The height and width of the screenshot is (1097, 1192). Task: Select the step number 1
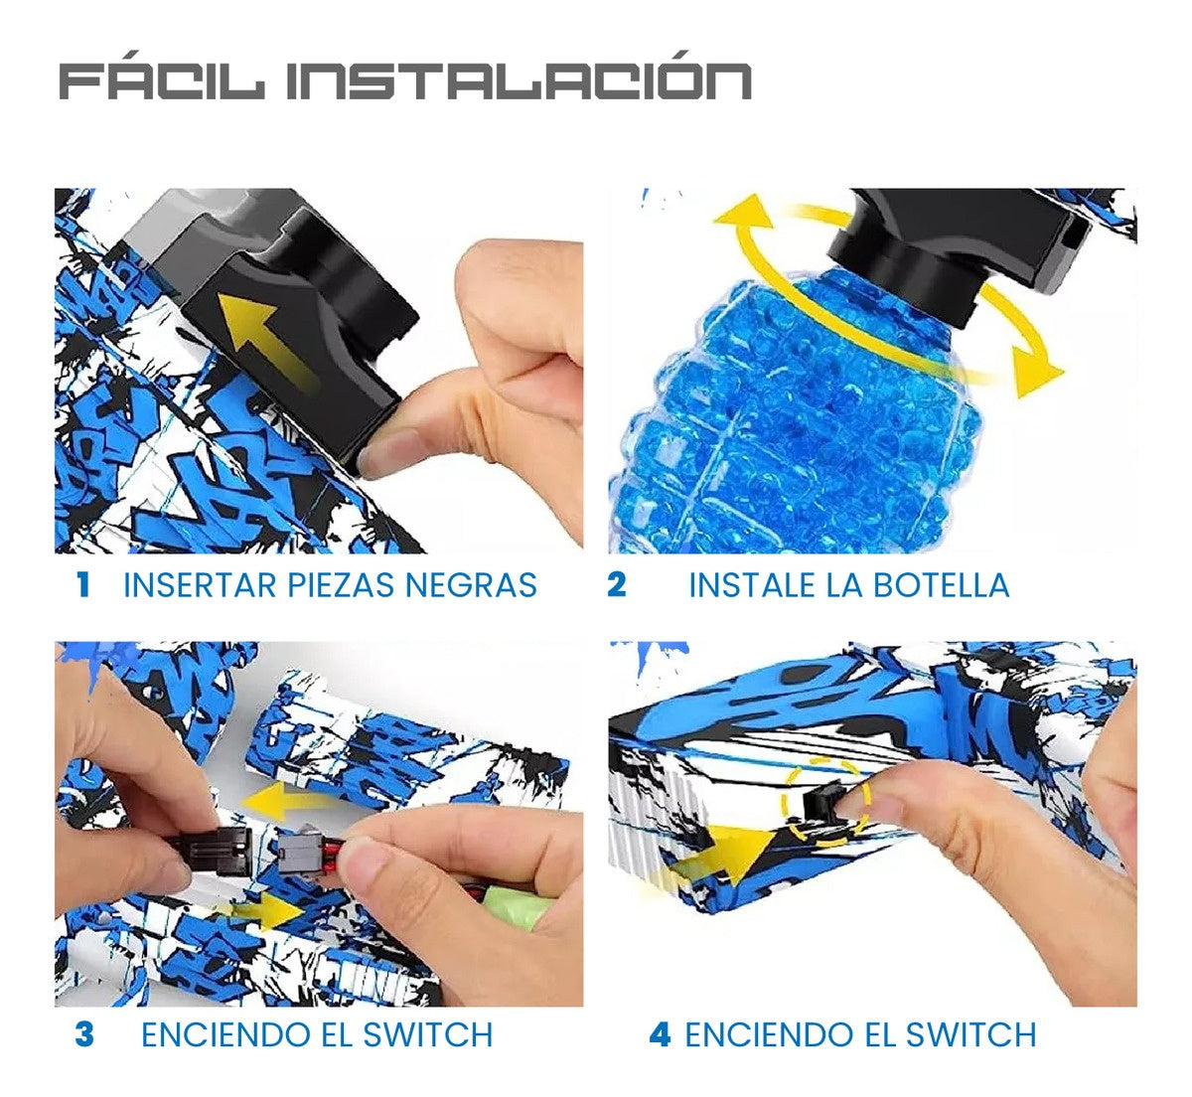pyautogui.click(x=83, y=584)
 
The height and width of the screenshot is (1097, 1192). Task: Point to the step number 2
pyautogui.click(x=616, y=584)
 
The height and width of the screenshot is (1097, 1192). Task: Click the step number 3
pyautogui.click(x=84, y=1034)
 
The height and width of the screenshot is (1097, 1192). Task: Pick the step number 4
pyautogui.click(x=660, y=1034)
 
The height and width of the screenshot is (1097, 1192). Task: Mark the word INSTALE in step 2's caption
pyautogui.click(x=752, y=584)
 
